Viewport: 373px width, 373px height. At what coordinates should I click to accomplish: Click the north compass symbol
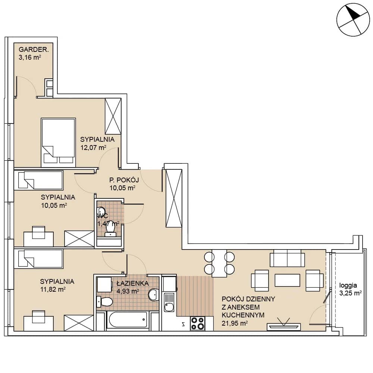[353, 19]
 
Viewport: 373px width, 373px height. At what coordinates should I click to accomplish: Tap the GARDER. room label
[34, 50]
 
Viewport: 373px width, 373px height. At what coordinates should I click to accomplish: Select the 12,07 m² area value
[93, 147]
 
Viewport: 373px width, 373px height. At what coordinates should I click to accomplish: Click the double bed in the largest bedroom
[58, 142]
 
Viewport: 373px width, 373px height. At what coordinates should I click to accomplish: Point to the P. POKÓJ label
[124, 180]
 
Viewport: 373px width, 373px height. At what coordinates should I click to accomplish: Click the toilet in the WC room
[110, 229]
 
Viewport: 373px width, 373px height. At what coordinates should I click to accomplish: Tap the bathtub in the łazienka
[128, 320]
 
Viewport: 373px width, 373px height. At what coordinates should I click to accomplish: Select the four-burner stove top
[197, 323]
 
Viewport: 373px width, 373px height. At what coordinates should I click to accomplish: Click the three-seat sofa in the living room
[287, 258]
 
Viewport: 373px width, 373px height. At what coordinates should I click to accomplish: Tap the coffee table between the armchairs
[287, 280]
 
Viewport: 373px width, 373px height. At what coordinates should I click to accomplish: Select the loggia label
[348, 285]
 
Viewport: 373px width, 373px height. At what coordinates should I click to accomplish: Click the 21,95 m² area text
[235, 323]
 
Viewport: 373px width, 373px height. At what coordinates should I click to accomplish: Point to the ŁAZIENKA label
[132, 283]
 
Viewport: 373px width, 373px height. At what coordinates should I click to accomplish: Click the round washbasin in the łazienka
[154, 295]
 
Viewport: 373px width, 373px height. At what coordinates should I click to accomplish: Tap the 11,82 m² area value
[53, 289]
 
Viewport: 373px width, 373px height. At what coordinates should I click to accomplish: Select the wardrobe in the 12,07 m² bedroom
[113, 116]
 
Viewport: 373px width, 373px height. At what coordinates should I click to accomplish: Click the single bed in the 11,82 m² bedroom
[38, 259]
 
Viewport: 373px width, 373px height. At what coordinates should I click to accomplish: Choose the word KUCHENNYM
[243, 315]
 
